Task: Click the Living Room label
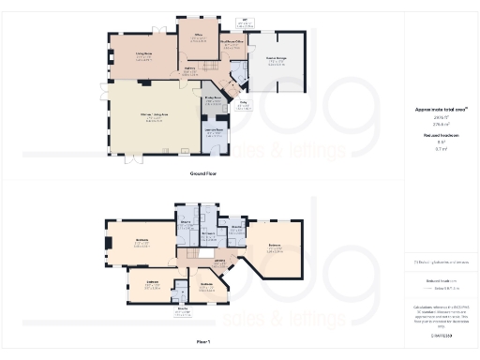click(x=143, y=56)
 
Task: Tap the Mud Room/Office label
click(x=232, y=41)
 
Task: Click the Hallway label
click(x=188, y=68)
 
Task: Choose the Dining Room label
click(x=212, y=97)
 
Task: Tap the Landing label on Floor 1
click(x=219, y=260)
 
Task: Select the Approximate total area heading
click(x=441, y=110)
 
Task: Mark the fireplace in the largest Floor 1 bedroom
click(x=110, y=245)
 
